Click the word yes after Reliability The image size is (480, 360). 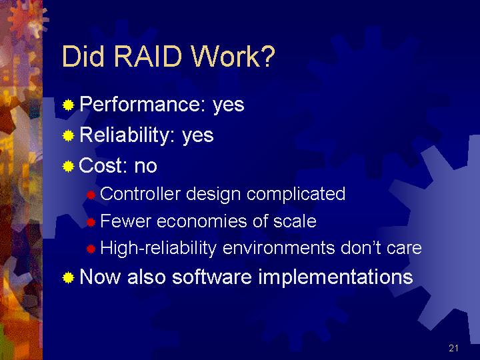coord(198,136)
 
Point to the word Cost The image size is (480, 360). coord(103,165)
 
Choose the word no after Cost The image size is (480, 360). coord(146,166)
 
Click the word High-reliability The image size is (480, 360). coord(158,248)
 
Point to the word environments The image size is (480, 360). coord(279,248)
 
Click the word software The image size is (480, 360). coord(212,277)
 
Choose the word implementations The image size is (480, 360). coord(336,277)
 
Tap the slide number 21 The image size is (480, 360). coord(453,348)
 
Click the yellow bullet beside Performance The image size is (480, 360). coord(68,105)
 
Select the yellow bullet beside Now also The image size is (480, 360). coord(68,277)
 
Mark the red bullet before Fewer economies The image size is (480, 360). coord(91,222)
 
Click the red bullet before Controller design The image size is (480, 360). coord(91,195)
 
